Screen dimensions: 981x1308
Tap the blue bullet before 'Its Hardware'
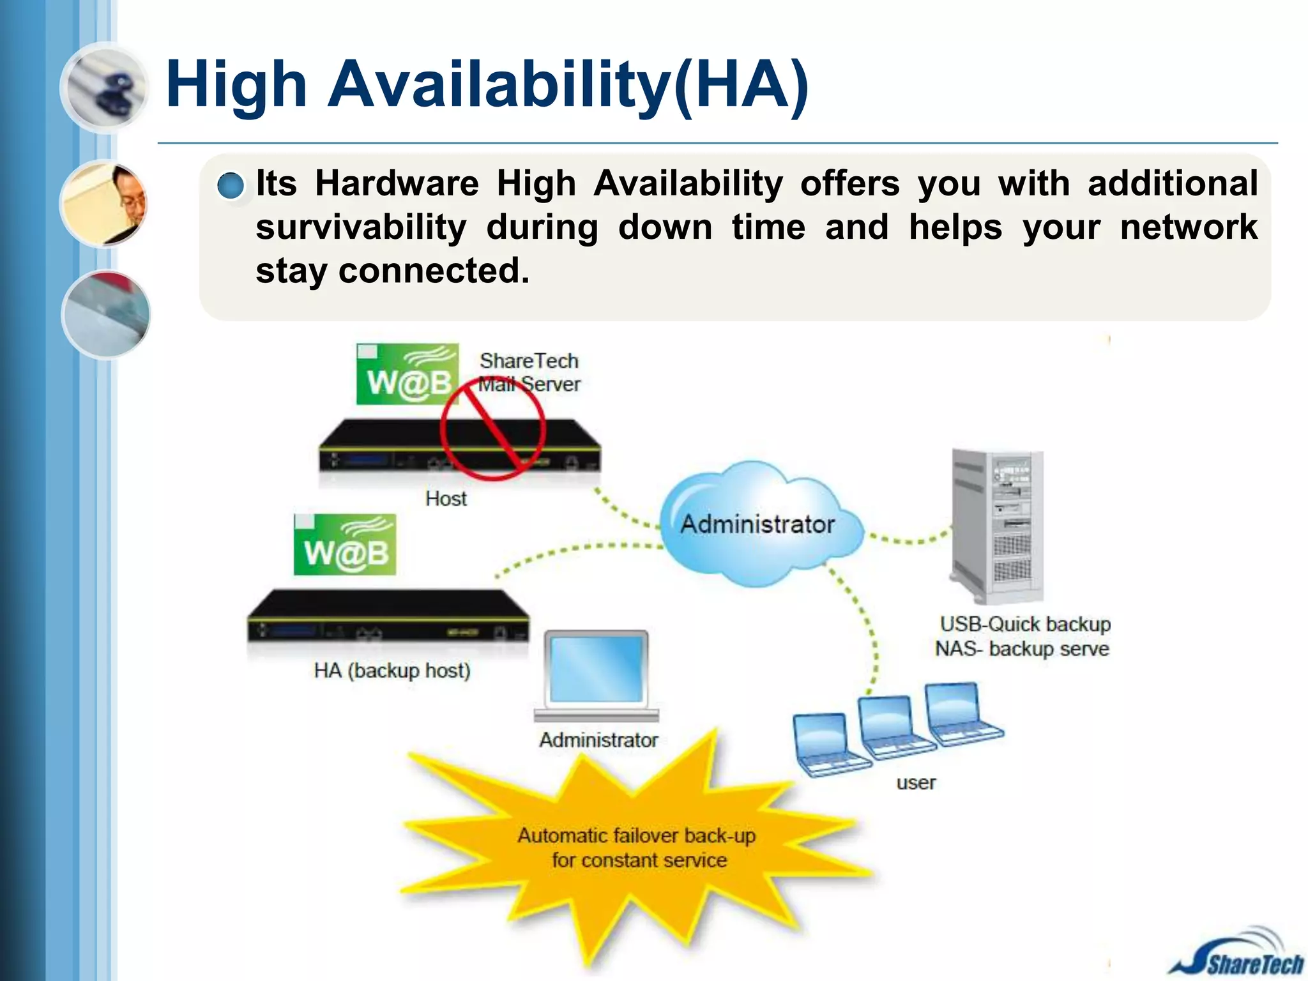[x=230, y=186]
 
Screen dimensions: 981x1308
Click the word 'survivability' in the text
[x=361, y=227]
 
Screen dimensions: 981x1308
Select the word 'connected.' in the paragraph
[x=434, y=271]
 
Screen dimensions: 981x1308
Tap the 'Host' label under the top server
[x=446, y=498]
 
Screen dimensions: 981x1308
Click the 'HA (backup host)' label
[x=392, y=671]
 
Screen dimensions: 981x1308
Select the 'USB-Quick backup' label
[x=1024, y=624]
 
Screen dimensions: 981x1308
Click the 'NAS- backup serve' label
[x=1022, y=649]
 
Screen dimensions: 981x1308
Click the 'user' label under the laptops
[x=916, y=782]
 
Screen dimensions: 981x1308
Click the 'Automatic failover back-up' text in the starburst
[x=636, y=835]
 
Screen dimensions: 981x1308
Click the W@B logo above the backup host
[x=345, y=545]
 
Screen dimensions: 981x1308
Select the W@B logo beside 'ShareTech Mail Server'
[x=407, y=374]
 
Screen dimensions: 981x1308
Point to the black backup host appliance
[x=388, y=616]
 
